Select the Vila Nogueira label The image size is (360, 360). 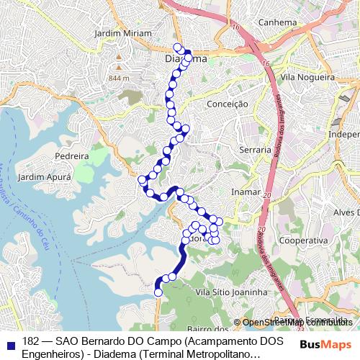point(307,76)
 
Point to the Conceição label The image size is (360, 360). point(227,104)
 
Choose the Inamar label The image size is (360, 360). point(244,192)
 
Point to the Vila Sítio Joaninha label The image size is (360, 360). point(232,292)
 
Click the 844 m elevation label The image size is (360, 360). point(119,78)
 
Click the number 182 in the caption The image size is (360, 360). point(31,340)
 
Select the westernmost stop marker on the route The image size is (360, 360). point(142,179)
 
